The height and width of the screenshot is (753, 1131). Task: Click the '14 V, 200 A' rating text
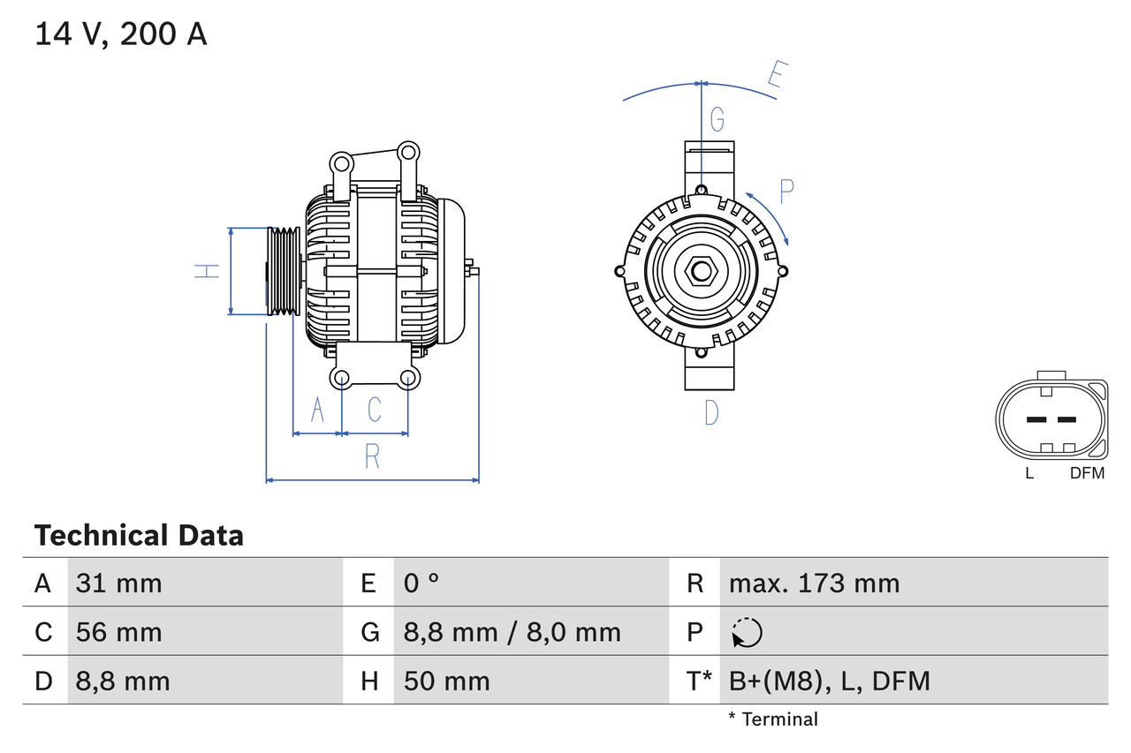pos(121,34)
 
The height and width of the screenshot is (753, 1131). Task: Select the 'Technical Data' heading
pos(139,536)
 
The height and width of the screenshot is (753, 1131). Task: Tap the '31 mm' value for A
pos(119,583)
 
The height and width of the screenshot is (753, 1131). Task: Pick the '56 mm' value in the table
pos(119,632)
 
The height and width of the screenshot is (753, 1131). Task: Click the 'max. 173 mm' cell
pos(814,583)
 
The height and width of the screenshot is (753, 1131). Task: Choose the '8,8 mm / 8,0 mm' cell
pos(512,632)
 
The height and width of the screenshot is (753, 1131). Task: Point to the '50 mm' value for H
pos(447,681)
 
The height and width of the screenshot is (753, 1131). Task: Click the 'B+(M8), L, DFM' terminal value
pos(829,681)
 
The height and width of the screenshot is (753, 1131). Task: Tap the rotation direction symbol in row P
pos(747,633)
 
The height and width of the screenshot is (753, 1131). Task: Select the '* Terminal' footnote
pos(773,719)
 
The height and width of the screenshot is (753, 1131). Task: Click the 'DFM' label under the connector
pos(1087,473)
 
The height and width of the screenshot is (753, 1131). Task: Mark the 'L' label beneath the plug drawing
pos(1029,473)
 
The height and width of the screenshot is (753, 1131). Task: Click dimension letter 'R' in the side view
pos(372,456)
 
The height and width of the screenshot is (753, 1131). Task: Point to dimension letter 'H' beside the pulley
pos(207,271)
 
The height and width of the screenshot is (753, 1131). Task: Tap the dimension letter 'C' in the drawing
pos(375,410)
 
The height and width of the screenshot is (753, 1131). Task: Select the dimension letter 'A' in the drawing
pos(317,410)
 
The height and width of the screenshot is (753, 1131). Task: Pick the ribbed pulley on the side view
pos(284,271)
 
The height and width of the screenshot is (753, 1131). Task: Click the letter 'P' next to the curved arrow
pos(786,190)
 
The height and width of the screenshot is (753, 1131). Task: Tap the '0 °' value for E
pos(421,583)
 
